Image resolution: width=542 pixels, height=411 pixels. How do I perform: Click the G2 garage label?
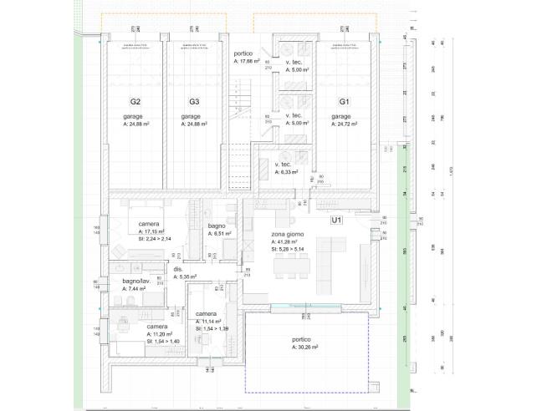pyautogui.click(x=135, y=101)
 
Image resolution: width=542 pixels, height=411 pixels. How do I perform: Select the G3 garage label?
pyautogui.click(x=192, y=101)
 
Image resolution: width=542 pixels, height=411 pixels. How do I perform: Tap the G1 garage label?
pyautogui.click(x=344, y=101)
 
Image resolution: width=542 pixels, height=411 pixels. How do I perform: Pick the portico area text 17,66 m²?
pyautogui.click(x=249, y=60)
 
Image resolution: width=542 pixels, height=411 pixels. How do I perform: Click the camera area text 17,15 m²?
pyautogui.click(x=151, y=231)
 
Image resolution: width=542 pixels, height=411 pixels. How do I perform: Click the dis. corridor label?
pyautogui.click(x=178, y=269)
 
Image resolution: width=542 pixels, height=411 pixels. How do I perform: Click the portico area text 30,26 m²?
pyautogui.click(x=306, y=347)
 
